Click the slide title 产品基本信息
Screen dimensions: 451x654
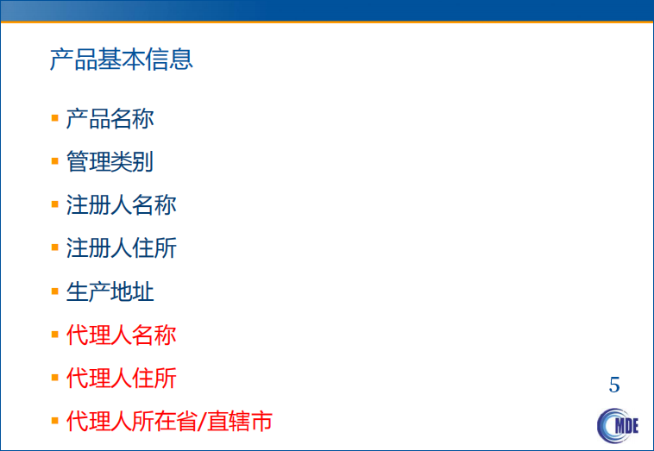pyautogui.click(x=122, y=60)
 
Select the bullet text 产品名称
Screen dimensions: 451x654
pyautogui.click(x=110, y=118)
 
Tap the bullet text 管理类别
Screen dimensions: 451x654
pyautogui.click(x=110, y=161)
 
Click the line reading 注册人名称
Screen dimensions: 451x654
pyautogui.click(x=121, y=205)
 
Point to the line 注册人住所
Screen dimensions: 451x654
pyautogui.click(x=121, y=248)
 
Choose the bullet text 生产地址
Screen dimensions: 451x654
pyautogui.click(x=110, y=291)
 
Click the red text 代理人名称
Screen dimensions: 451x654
pyautogui.click(x=121, y=335)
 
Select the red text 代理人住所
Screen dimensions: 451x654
pyautogui.click(x=121, y=378)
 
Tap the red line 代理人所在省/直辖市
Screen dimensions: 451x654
pyautogui.click(x=169, y=421)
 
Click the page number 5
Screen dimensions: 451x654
pyautogui.click(x=614, y=385)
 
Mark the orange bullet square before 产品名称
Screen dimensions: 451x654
pyautogui.click(x=54, y=117)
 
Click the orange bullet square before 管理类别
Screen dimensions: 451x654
pyautogui.click(x=54, y=160)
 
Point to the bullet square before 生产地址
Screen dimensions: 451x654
pyautogui.click(x=54, y=291)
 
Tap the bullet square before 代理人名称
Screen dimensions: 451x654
pyautogui.click(x=54, y=334)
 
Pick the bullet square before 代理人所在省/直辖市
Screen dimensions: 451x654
pyautogui.click(x=54, y=420)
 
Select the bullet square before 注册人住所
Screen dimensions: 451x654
pyautogui.click(x=54, y=247)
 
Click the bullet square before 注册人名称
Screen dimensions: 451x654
pyautogui.click(x=54, y=204)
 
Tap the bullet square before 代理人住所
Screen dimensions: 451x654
pyautogui.click(x=54, y=377)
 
